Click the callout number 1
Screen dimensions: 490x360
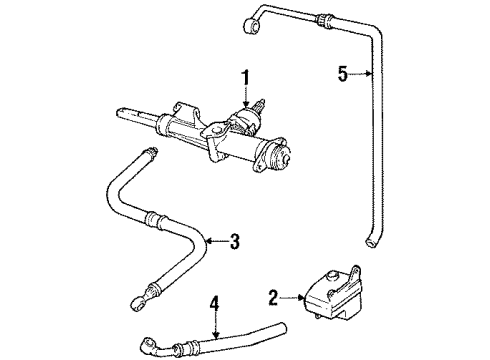[x=246, y=77]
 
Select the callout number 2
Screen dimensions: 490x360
[x=273, y=298]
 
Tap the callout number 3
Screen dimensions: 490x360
[x=235, y=241]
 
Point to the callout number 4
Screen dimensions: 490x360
[x=215, y=304]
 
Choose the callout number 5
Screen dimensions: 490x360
[x=343, y=74]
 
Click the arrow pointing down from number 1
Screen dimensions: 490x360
[x=246, y=97]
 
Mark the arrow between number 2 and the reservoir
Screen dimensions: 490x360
[x=292, y=298]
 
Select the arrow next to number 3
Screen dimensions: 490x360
[x=217, y=241]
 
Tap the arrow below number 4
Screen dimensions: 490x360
[x=216, y=326]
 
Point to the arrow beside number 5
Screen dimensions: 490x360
[x=360, y=74]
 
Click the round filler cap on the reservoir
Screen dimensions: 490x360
[x=332, y=275]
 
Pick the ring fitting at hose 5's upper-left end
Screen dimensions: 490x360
[x=252, y=27]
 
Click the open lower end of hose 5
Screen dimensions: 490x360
[x=370, y=243]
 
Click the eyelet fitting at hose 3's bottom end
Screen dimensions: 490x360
[x=138, y=304]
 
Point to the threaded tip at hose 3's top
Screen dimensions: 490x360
[x=152, y=151]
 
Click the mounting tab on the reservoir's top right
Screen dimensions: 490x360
[x=355, y=272]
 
